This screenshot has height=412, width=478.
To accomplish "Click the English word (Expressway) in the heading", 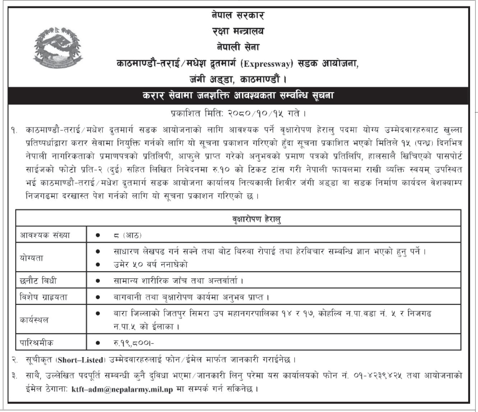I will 268,64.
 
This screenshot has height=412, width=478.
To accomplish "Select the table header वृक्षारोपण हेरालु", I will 256,218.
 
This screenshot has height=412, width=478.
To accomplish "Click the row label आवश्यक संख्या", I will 45,235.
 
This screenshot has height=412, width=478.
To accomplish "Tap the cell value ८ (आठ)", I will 127,235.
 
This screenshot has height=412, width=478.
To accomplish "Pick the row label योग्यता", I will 32,258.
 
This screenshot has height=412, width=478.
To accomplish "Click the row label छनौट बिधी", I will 38,280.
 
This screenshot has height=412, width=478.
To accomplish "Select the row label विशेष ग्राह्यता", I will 44,297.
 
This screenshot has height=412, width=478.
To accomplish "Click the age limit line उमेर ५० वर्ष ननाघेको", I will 150,264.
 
